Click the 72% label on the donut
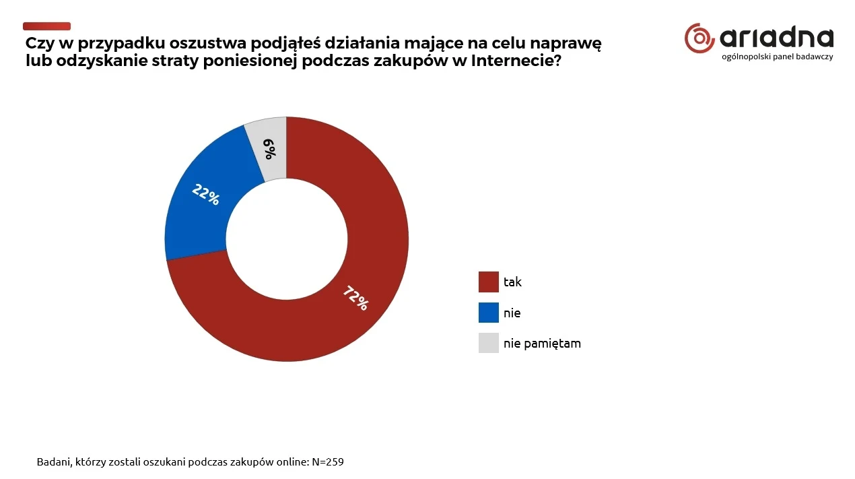(x=355, y=298)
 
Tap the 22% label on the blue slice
(x=205, y=194)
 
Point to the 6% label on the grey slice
(x=269, y=148)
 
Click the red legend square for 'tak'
(x=488, y=282)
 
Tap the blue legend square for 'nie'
(x=488, y=313)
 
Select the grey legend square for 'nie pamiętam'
(x=488, y=343)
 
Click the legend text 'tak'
(x=512, y=282)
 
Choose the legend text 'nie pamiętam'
(x=542, y=344)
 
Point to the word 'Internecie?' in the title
(x=518, y=61)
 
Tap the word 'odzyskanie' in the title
(x=97, y=61)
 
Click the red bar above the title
(x=46, y=26)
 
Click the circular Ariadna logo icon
(x=699, y=38)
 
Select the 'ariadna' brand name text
(x=776, y=38)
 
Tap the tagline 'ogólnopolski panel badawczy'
(x=777, y=57)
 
